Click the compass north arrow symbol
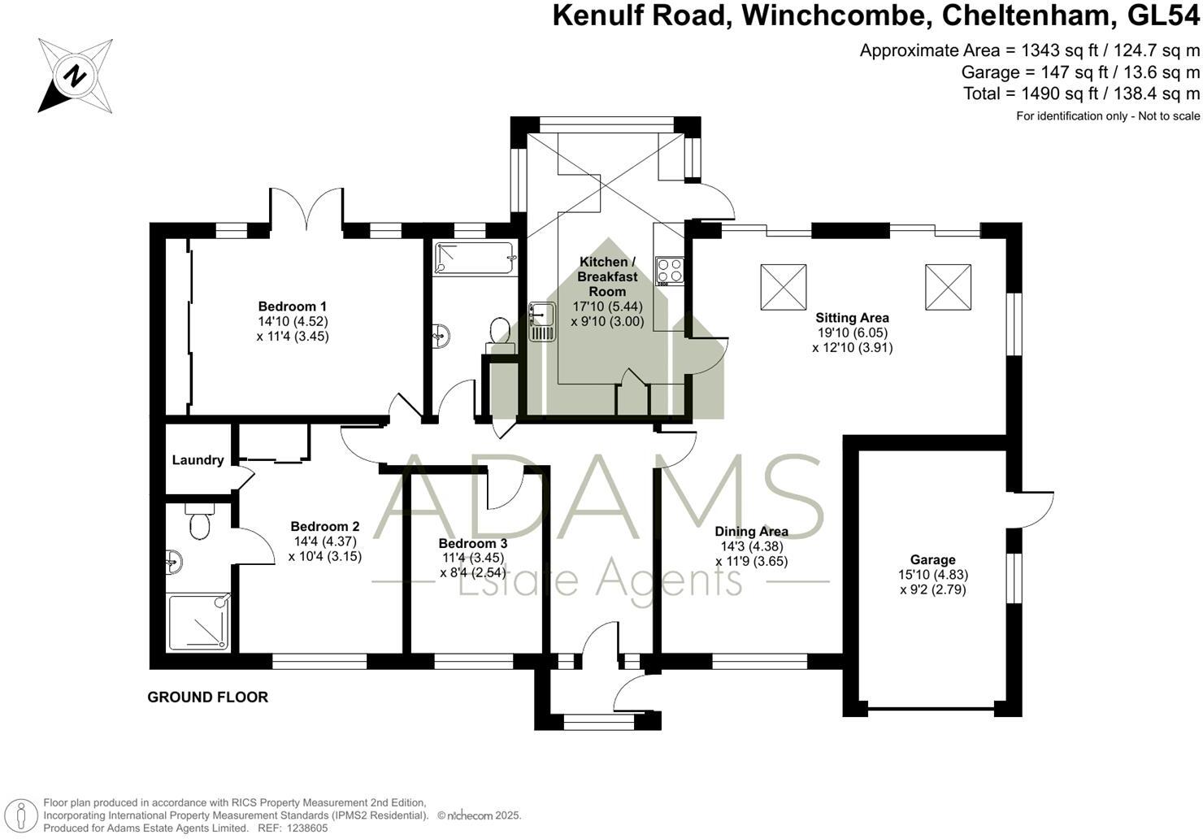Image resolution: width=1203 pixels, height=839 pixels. (76, 76)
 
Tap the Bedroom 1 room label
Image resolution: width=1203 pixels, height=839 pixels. (292, 306)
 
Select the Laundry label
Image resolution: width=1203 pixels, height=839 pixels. (198, 460)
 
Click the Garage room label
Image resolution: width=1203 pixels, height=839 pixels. (932, 560)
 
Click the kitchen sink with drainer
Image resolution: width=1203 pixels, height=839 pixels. (541, 320)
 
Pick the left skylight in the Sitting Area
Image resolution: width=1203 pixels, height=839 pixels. (784, 287)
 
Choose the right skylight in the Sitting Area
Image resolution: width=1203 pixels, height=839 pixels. (948, 287)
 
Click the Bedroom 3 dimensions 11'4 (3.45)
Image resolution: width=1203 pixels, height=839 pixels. (471, 558)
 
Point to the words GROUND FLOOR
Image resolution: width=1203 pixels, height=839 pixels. (207, 697)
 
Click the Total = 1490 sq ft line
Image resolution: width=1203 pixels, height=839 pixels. (1081, 93)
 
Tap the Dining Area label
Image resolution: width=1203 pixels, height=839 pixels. (751, 532)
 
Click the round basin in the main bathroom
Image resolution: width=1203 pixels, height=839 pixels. (441, 334)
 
